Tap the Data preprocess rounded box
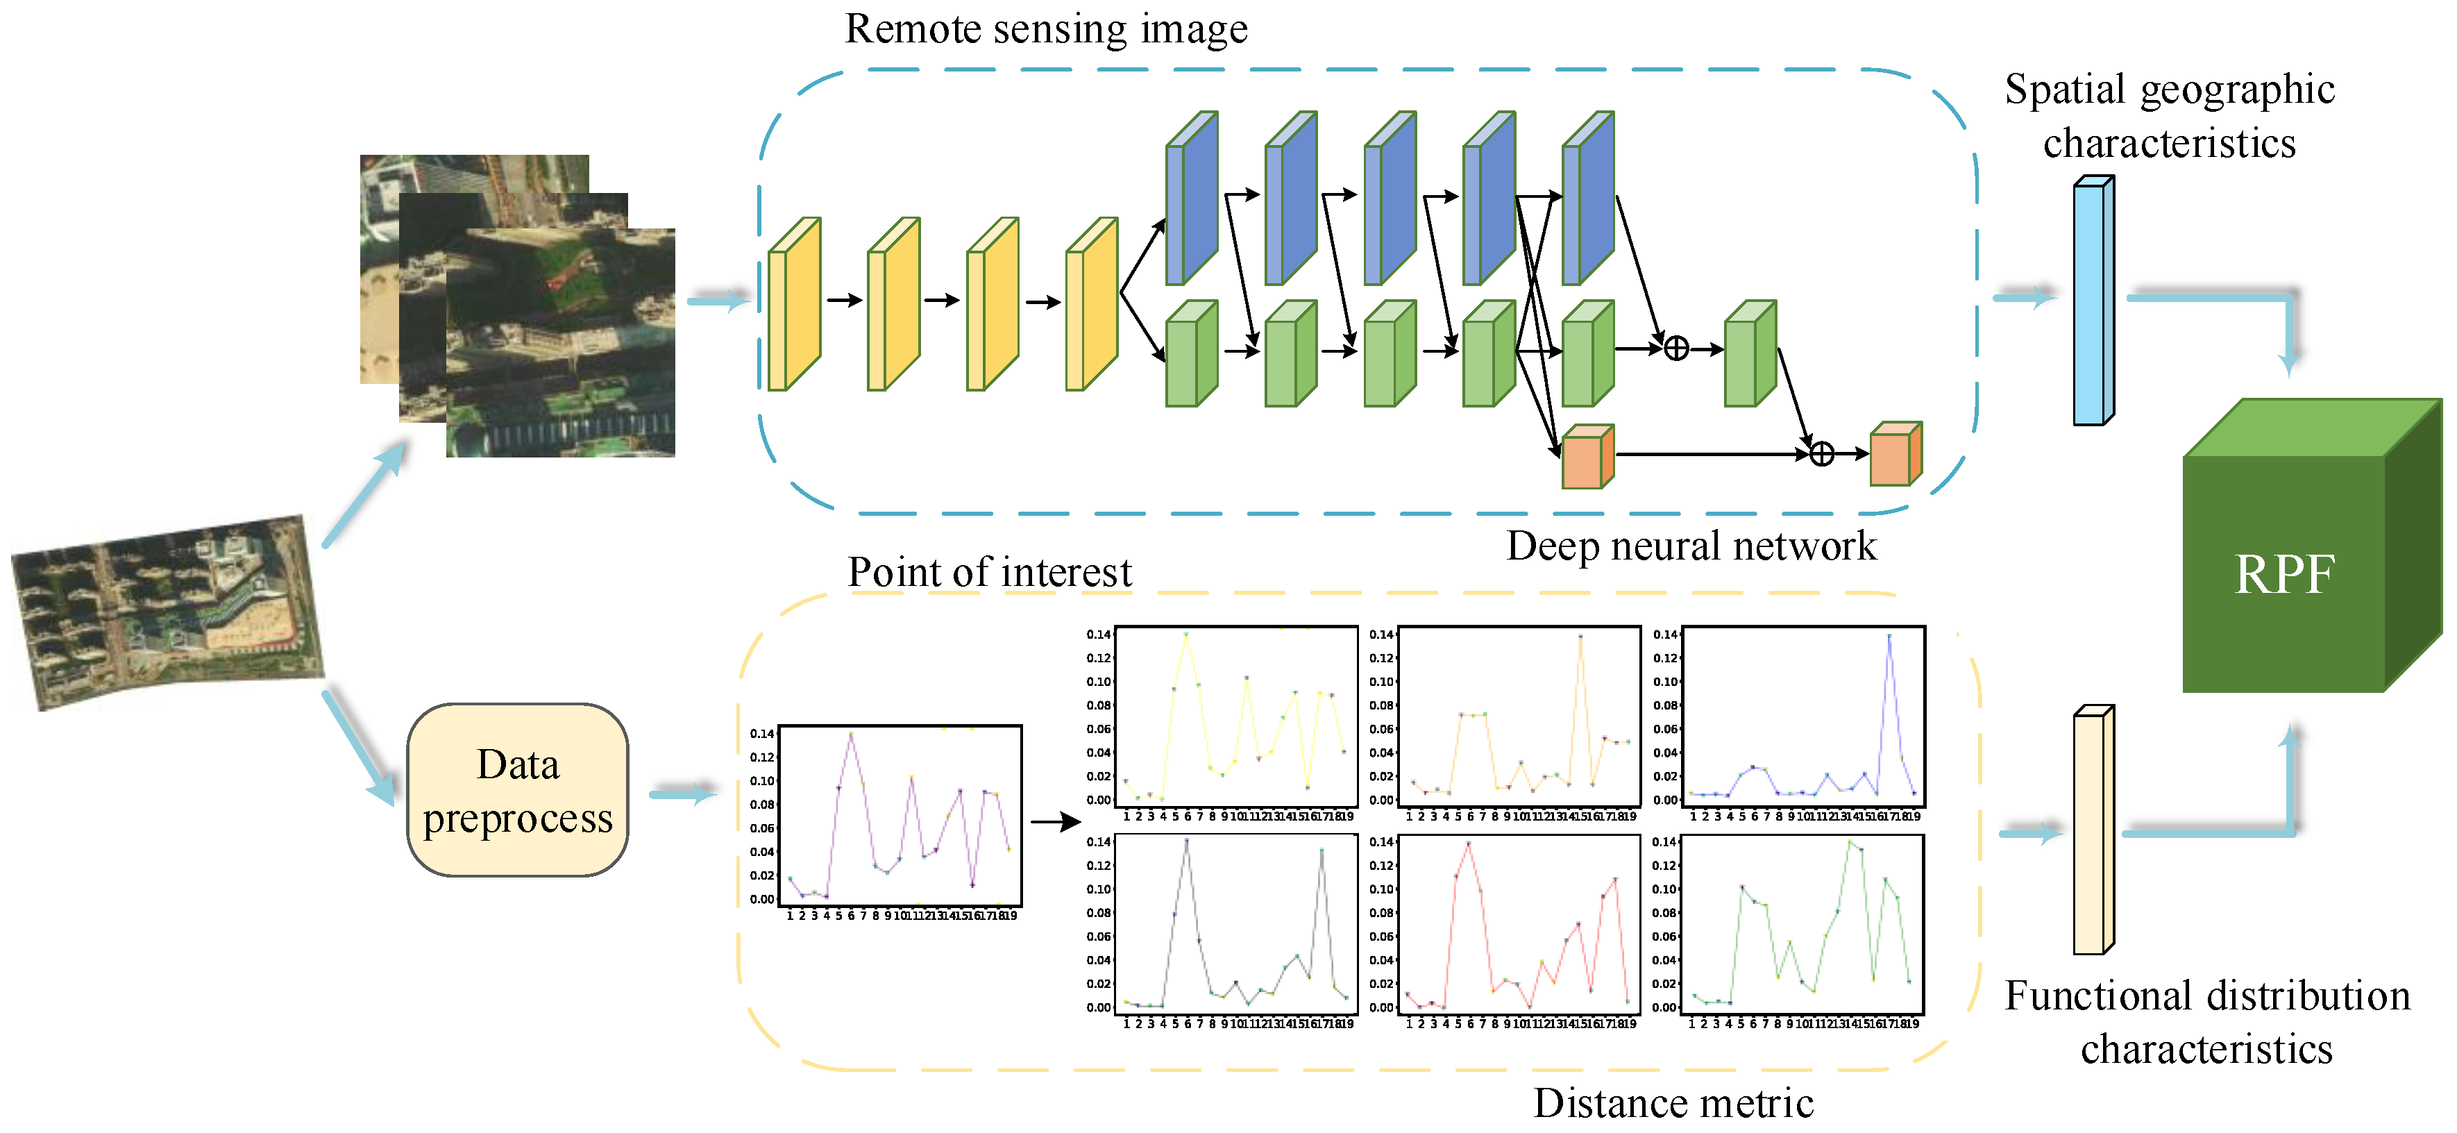[518, 791]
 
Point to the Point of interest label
[989, 572]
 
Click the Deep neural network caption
[1690, 546]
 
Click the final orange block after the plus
[1894, 455]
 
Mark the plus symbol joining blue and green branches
[1676, 349]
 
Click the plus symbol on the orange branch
[1822, 454]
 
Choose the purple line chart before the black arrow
[900, 816]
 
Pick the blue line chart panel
[1802, 717]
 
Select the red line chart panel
[1519, 924]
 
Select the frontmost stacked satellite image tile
[561, 344]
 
